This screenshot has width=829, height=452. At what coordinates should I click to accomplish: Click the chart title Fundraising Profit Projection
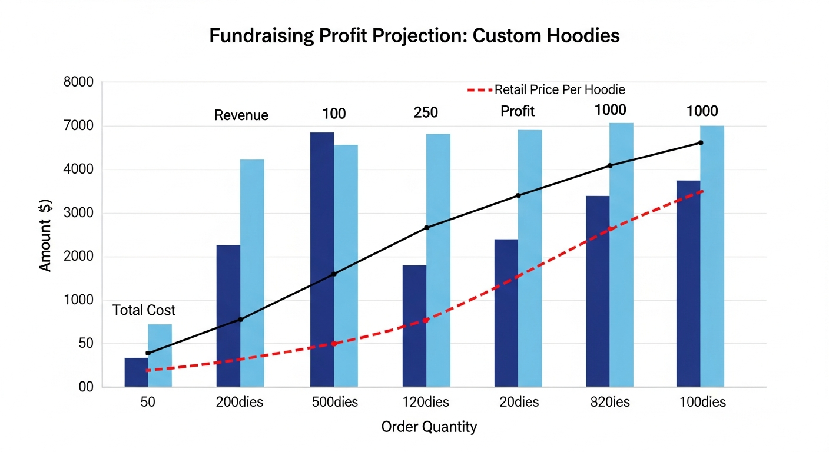coord(414,36)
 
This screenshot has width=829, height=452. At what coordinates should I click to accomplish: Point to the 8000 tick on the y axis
coord(78,82)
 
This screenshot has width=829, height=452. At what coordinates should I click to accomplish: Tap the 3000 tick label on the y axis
coord(78,213)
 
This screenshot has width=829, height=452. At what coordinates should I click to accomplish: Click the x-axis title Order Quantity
coord(429,427)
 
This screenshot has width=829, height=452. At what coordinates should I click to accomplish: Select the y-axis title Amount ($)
coord(46,235)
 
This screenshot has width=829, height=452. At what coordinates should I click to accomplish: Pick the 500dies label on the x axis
coord(334,403)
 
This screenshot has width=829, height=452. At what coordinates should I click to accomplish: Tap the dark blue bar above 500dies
coord(322,259)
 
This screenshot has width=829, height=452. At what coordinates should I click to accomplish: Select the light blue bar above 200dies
coord(252,273)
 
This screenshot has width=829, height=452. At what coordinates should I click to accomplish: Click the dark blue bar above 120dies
coord(414,326)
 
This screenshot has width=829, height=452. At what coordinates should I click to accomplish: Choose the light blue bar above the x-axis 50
coord(160,355)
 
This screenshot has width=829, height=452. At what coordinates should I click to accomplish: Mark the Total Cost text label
coord(144,310)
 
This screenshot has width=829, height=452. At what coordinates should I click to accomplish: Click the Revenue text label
coord(241,115)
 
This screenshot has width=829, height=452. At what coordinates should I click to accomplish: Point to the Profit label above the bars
coord(518,111)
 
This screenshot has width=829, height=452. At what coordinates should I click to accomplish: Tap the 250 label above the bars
coord(426,112)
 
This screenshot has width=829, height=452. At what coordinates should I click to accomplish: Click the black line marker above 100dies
coord(701,142)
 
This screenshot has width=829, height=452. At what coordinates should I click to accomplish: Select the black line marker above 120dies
coord(426,228)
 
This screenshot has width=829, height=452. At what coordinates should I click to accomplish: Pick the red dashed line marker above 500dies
coord(334,344)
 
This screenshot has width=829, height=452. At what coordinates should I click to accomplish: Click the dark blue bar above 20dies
coord(506,313)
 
